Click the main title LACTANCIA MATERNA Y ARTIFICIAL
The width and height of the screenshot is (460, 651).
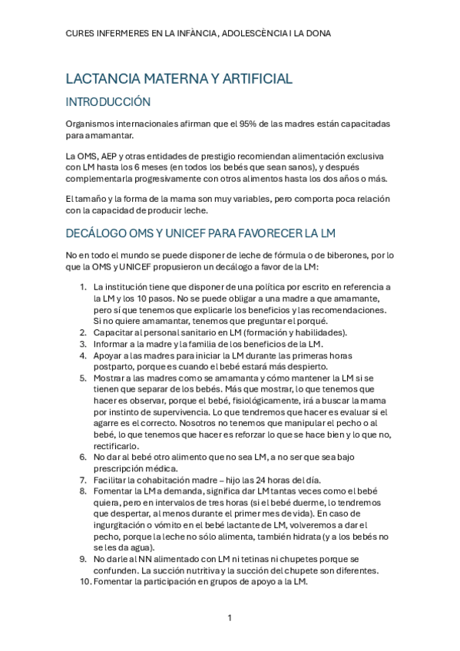pos(179,78)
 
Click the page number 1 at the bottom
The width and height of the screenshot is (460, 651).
pos(229,618)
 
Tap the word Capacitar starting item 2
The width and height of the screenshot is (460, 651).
pos(116,332)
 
